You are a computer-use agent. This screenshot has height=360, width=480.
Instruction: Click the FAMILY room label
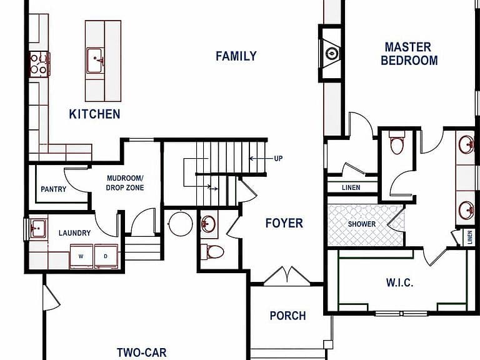[236, 56]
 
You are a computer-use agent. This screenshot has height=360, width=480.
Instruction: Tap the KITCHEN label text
[94, 114]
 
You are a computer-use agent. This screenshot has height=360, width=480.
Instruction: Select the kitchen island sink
[95, 60]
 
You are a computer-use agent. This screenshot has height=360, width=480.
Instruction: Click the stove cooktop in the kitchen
[39, 64]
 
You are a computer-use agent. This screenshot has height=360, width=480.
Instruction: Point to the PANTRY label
[54, 189]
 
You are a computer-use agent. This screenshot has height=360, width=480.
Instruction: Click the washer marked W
[81, 256]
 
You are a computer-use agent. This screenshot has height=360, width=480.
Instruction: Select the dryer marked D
[106, 256]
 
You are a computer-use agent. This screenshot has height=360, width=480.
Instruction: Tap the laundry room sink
[38, 229]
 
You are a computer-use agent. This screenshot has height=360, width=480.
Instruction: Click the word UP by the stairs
[278, 159]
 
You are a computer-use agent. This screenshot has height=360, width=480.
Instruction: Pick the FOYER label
[284, 223]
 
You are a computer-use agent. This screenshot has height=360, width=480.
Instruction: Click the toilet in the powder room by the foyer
[215, 252]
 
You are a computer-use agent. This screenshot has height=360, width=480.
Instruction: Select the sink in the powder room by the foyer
[209, 224]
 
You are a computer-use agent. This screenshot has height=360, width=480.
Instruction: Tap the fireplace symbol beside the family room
[331, 54]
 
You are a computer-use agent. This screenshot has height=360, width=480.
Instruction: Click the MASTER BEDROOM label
[409, 54]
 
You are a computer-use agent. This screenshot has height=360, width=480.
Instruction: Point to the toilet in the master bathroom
[397, 143]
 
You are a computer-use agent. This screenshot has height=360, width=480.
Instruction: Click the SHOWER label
[361, 224]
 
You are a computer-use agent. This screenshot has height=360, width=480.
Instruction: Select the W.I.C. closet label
[399, 282]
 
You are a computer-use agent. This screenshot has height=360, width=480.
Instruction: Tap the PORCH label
[287, 316]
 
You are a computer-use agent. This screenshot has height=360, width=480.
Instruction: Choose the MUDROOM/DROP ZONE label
[125, 182]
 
